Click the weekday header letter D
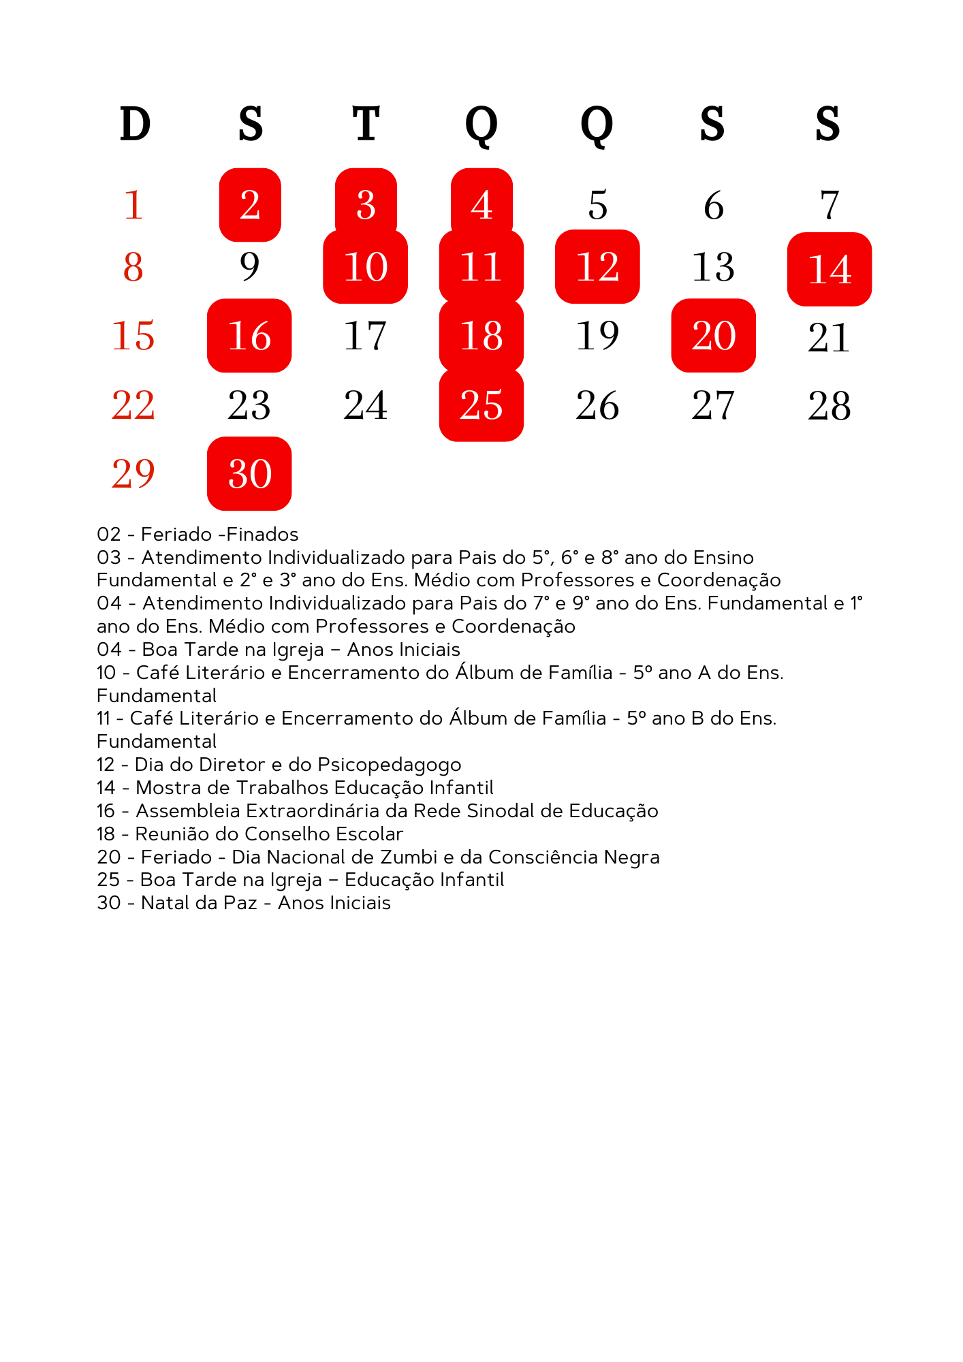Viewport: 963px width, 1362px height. tap(135, 124)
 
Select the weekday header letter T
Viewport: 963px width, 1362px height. tap(366, 124)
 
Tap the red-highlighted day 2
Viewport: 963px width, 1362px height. tap(250, 205)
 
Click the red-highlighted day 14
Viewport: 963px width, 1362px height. tap(830, 269)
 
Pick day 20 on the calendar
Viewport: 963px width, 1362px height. tap(714, 336)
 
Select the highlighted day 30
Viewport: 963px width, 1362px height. tap(249, 473)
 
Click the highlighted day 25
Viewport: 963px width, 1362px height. tap(481, 405)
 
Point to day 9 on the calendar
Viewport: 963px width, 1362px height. tap(249, 266)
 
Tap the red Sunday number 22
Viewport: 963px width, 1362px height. tap(133, 405)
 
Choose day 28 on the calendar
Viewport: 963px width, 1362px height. tap(830, 406)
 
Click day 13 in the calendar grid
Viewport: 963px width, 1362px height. tap(714, 267)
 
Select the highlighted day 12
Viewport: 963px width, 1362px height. tap(597, 266)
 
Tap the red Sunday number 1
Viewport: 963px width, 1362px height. tap(133, 205)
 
